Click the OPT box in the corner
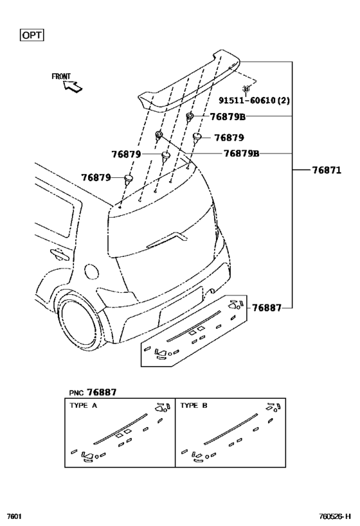[x=32, y=35]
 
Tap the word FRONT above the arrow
[x=61, y=76]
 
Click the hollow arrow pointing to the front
[x=73, y=87]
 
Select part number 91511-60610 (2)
[x=254, y=100]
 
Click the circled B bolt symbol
[x=246, y=89]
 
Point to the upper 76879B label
[x=228, y=117]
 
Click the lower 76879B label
[x=242, y=153]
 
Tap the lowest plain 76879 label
[x=96, y=177]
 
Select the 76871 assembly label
[x=327, y=170]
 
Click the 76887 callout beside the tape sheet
[x=267, y=308]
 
